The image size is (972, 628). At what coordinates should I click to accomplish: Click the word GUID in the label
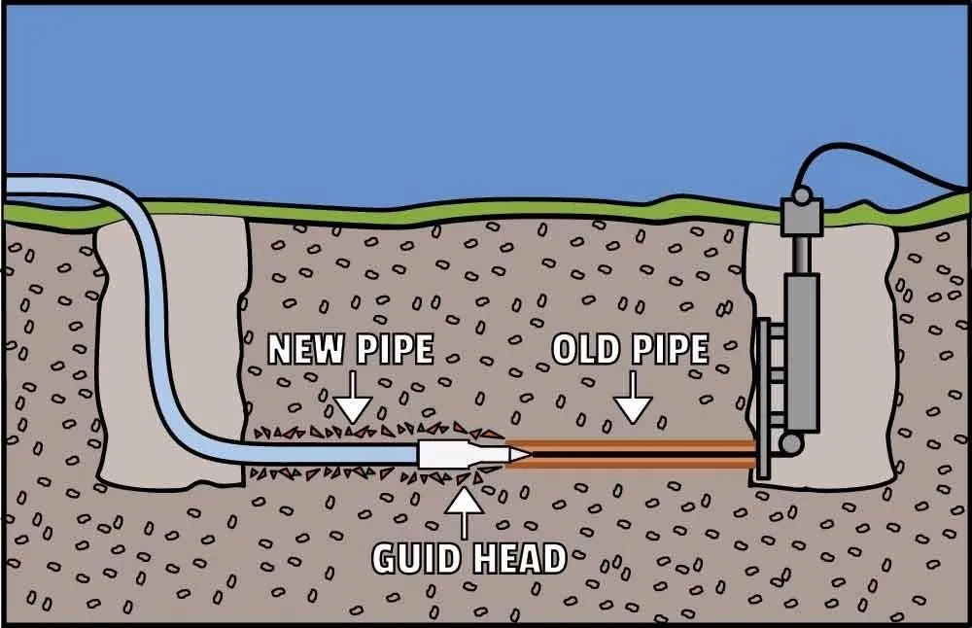(415, 557)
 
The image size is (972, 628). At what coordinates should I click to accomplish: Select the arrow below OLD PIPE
(633, 401)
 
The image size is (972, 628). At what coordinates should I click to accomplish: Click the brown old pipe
(632, 445)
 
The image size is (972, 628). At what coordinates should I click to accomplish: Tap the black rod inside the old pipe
(632, 453)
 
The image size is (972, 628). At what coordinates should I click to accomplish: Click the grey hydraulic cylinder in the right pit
(804, 350)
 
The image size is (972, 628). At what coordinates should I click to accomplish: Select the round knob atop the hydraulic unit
(800, 195)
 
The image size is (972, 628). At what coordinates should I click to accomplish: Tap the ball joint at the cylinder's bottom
(791, 443)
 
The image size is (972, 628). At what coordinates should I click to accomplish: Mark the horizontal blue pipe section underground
(321, 454)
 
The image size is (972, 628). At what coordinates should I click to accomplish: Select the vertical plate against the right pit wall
(761, 399)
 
